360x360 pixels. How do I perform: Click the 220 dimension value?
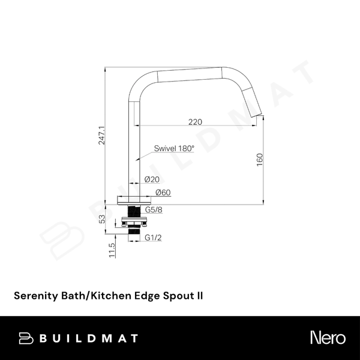[195, 122]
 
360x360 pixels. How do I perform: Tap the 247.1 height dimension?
[101, 136]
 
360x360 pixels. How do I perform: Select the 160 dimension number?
[259, 160]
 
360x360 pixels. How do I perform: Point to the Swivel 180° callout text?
[174, 148]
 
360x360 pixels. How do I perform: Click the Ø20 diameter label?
[152, 179]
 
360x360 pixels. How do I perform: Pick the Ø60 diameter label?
[163, 193]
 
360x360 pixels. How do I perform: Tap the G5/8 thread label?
[154, 209]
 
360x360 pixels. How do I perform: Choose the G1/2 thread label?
[153, 238]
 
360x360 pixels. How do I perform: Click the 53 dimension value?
[102, 219]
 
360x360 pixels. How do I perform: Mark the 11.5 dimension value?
[112, 250]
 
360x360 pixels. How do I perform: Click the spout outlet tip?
[256, 115]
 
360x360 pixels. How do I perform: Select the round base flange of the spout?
[134, 200]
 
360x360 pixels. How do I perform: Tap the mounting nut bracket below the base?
[134, 221]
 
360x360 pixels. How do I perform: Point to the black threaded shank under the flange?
[134, 211]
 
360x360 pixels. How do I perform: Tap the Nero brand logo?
[328, 338]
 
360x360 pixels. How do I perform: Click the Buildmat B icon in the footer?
[26, 338]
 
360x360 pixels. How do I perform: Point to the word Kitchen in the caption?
[111, 295]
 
